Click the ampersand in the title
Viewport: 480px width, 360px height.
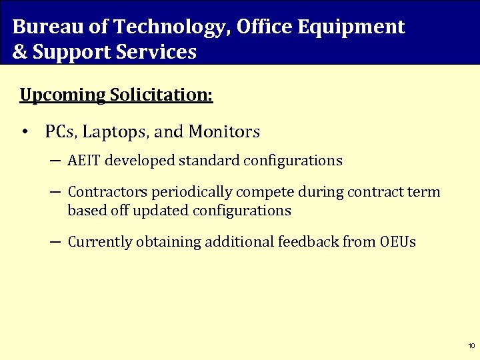coord(20,52)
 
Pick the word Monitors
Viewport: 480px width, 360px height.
coord(224,132)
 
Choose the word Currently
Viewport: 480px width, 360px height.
coord(100,242)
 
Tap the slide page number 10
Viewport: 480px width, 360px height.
coord(471,346)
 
